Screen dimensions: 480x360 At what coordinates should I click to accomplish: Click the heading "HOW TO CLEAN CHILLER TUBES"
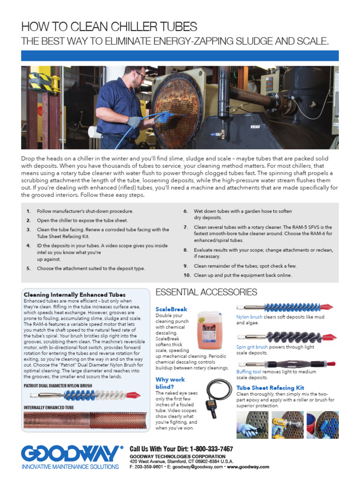point(109,26)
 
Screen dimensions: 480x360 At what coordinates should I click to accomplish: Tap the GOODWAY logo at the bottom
point(69,454)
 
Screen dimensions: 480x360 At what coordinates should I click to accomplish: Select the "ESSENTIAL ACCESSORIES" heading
point(206,292)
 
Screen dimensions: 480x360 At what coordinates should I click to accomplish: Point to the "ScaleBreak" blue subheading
point(171,309)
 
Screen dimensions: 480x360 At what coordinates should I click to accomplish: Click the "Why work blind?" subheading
point(171,382)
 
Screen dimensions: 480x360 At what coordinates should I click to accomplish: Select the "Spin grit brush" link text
point(252,347)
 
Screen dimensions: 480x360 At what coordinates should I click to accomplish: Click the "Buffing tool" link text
point(248,371)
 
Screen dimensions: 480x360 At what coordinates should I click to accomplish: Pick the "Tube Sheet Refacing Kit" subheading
point(270,388)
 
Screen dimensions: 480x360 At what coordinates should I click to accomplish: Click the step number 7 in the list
point(186,227)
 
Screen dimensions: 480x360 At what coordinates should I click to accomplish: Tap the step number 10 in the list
point(186,275)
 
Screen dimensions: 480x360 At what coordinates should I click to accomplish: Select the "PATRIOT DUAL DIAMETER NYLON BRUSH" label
point(58,386)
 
